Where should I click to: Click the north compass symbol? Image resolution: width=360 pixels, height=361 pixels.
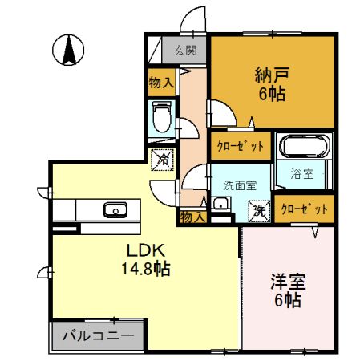[69, 51]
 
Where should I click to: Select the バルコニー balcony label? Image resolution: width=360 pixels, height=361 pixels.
[98, 333]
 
